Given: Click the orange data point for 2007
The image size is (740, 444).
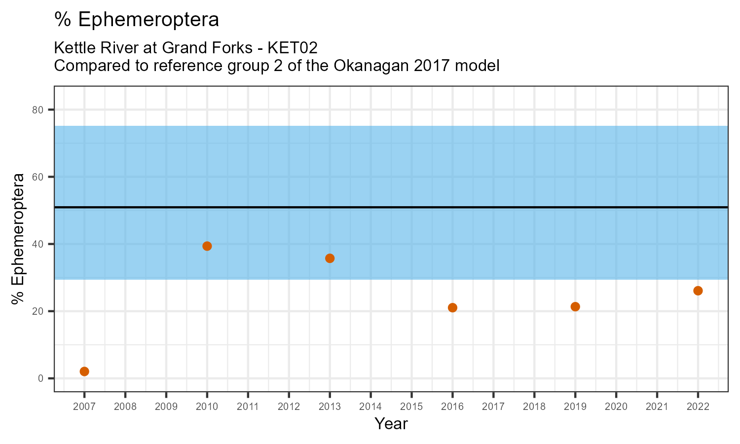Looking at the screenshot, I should (x=84, y=371).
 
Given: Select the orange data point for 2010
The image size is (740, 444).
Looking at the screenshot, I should (x=207, y=246).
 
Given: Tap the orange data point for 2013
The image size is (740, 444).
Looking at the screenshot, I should (x=330, y=259).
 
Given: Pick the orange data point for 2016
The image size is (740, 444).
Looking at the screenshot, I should (x=452, y=308).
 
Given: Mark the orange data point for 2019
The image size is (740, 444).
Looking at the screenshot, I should (x=575, y=307).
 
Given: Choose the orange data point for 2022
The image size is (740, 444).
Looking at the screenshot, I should (x=698, y=291).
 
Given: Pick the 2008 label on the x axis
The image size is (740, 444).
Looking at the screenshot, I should (x=125, y=407).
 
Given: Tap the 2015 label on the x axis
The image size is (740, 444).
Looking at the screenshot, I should (x=411, y=407).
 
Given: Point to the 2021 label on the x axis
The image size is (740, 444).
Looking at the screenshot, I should (x=657, y=407).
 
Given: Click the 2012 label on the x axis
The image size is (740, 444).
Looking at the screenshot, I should (x=289, y=407).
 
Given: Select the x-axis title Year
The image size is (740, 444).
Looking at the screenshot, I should (x=391, y=424).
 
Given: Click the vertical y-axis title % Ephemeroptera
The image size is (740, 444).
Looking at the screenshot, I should (x=19, y=239).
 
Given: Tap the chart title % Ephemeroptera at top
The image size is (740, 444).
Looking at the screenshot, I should (x=137, y=20).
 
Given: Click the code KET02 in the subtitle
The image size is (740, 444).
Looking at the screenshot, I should (x=292, y=48).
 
